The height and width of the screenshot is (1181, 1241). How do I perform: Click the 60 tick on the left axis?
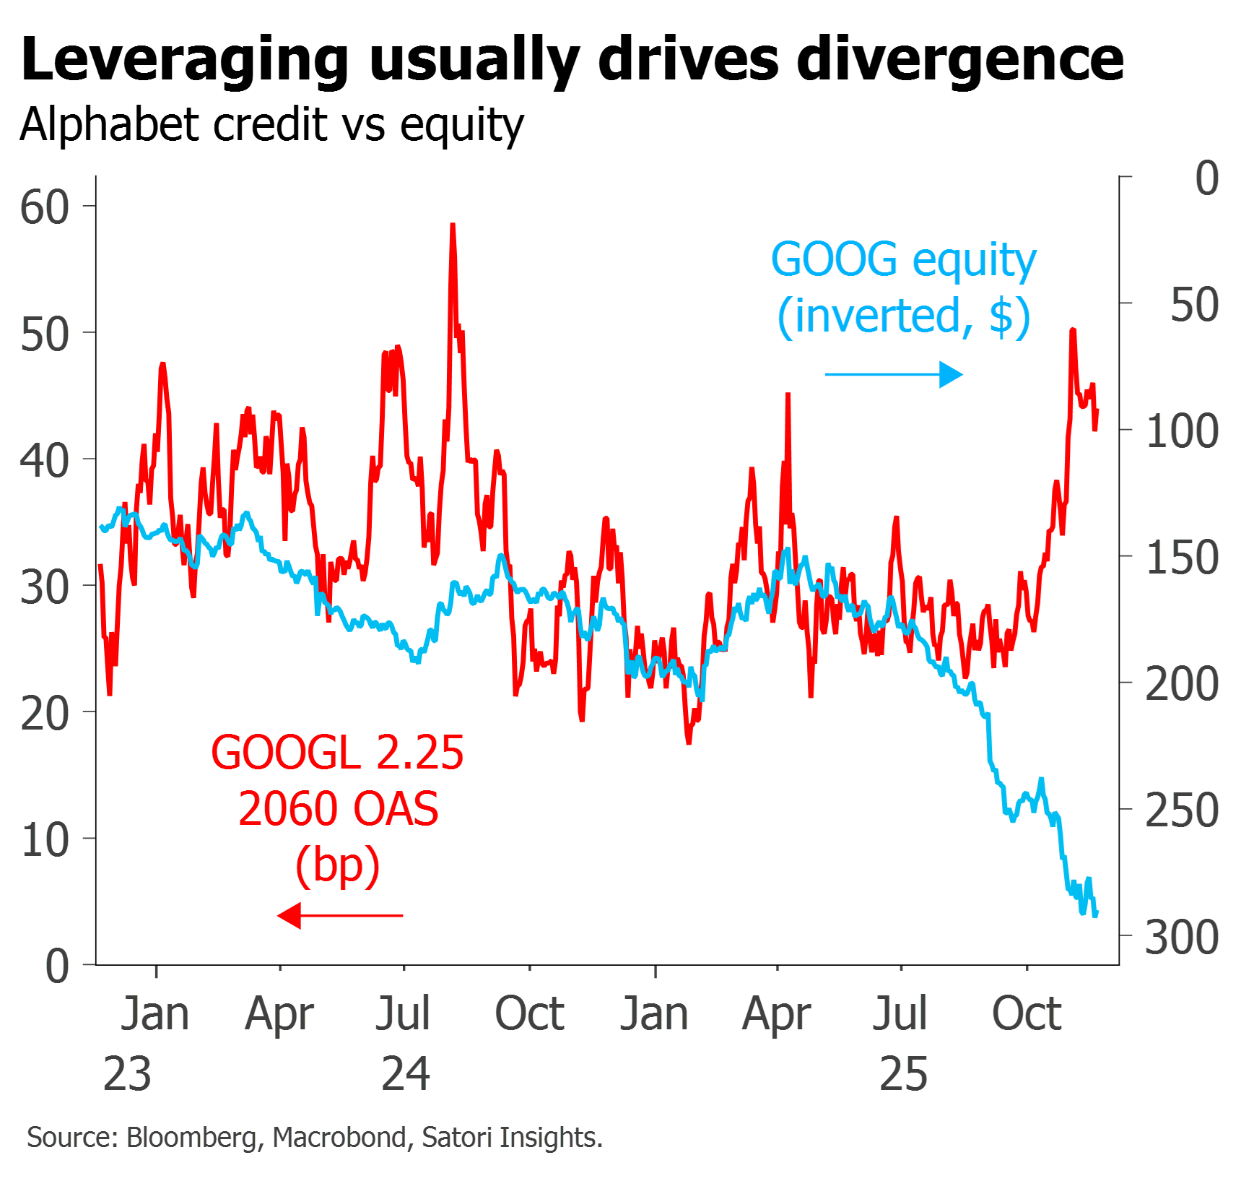point(45,207)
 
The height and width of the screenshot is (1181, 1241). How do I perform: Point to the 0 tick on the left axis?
point(57,966)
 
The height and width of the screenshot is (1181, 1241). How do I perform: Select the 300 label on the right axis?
point(1182,938)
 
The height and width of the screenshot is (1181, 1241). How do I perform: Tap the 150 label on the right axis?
point(1182,558)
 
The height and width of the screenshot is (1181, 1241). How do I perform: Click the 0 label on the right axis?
point(1206,178)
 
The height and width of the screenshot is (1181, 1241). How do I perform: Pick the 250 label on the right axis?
point(1182,810)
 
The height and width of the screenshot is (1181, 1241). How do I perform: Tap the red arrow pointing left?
point(340,916)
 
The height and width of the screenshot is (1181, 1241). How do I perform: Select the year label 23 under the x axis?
point(128,1074)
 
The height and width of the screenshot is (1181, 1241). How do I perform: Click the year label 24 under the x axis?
point(406,1074)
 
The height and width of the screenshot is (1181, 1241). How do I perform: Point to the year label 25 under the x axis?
point(903,1074)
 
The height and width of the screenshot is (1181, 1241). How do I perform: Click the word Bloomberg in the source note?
point(191,1138)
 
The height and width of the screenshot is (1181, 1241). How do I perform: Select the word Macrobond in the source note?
point(340,1138)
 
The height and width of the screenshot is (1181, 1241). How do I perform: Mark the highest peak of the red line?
point(453,225)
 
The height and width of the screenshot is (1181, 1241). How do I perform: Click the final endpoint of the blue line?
point(1097,914)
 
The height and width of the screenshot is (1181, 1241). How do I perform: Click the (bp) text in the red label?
point(338,865)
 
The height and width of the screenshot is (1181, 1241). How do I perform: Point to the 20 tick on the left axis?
point(45,714)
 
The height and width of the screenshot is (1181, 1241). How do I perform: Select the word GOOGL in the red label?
point(286,753)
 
